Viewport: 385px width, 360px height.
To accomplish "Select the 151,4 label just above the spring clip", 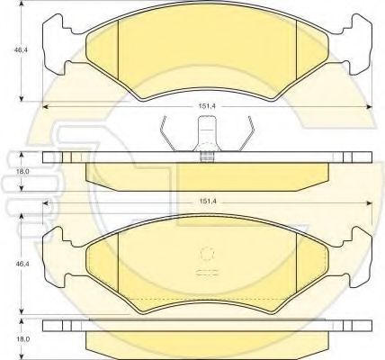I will click(x=206, y=105).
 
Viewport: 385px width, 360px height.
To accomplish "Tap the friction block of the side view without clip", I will click(x=206, y=342).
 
